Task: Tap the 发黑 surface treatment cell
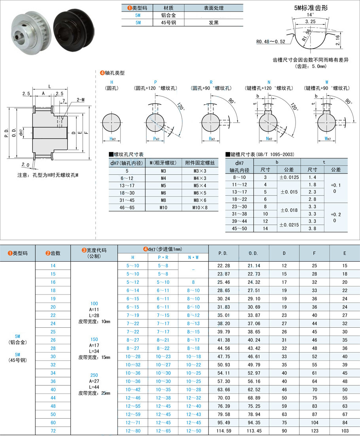pos(213,23)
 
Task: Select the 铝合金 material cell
pos(168,15)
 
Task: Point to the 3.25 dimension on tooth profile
pos(310,21)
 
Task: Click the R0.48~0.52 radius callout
pos(271,42)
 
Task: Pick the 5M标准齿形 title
pos(311,8)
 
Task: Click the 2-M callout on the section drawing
pos(81,100)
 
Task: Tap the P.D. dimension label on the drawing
pos(6,133)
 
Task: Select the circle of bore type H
pos(112,123)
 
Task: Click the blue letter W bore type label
pos(327,82)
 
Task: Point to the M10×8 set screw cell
pos(200,208)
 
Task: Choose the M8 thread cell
pos(163,200)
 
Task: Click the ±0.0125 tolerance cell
pos(289,177)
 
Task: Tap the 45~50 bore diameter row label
pos(239,228)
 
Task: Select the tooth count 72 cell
pos(53,431)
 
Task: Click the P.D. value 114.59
pos(224,431)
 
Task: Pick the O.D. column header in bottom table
pos(253,253)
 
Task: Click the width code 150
pos(94,340)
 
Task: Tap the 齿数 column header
pos(53,253)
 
